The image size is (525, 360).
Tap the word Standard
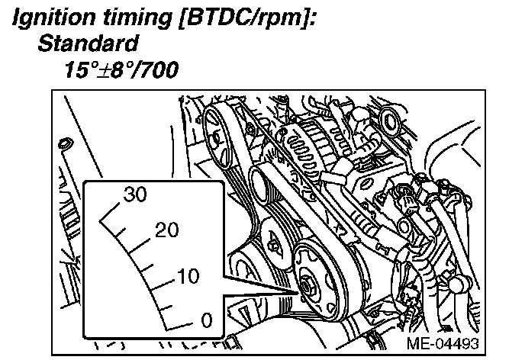pos(88,43)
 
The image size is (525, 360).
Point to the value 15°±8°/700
pos(121,69)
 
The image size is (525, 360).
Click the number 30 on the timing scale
pos(135,194)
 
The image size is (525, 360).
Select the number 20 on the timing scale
pos(167,230)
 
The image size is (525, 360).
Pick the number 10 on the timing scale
pos(188,276)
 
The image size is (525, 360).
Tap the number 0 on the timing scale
pos(207,320)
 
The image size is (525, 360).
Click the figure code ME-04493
pos(443,343)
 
